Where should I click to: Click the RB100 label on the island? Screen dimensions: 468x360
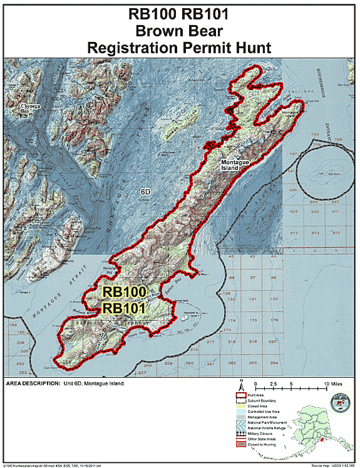(x=125, y=292)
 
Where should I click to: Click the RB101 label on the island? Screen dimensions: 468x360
(x=125, y=308)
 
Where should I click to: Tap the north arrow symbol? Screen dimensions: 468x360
(x=240, y=385)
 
